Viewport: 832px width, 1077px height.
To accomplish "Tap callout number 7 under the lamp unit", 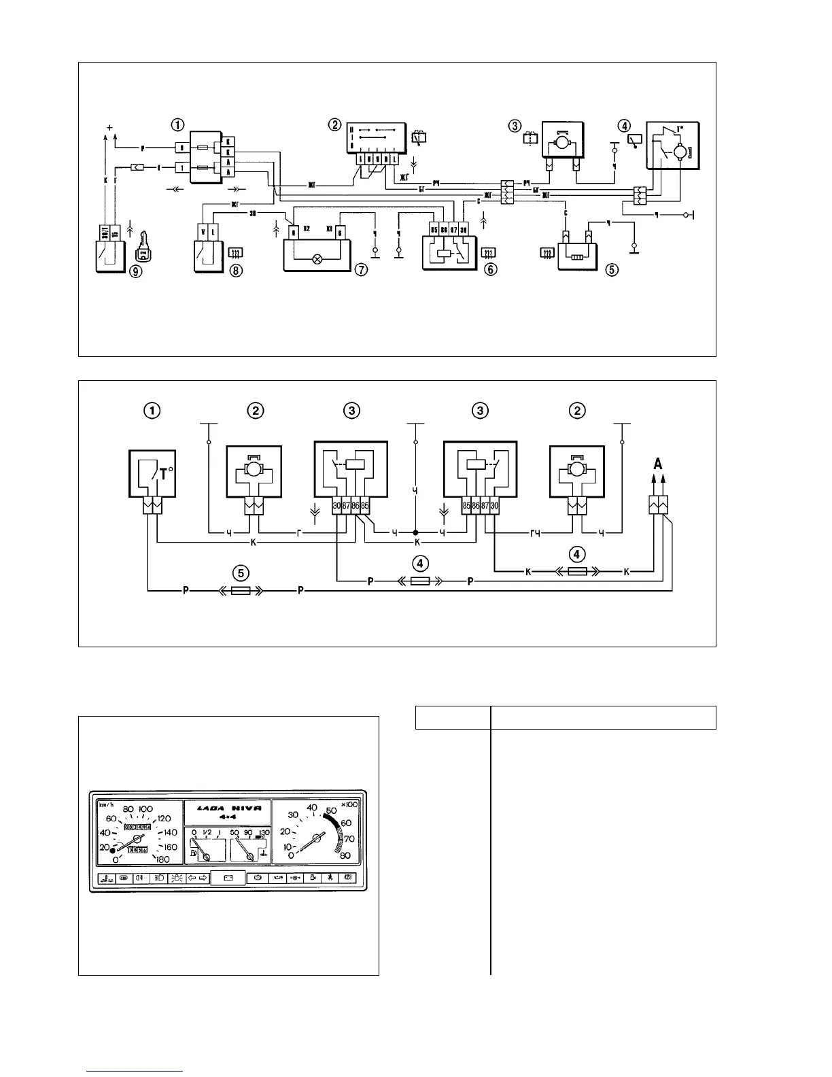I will coord(361,269).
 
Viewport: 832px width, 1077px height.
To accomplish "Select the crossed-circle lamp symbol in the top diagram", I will coord(315,259).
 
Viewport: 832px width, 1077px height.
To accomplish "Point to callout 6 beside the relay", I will coord(490,269).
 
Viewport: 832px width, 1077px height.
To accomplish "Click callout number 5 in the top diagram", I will coord(612,269).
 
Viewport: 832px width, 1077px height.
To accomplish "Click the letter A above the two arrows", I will coord(658,464).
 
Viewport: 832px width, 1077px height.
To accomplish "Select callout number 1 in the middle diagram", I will coord(153,411).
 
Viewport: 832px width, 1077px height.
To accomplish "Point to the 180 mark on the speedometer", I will coord(162,859).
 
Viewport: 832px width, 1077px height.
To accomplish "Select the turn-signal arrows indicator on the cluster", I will coord(196,878).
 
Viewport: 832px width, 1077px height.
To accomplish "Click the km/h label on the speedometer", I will coord(107,806).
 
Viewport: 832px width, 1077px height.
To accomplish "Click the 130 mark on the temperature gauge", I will coord(264,832).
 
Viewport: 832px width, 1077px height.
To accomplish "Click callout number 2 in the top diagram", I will coord(334,124).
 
